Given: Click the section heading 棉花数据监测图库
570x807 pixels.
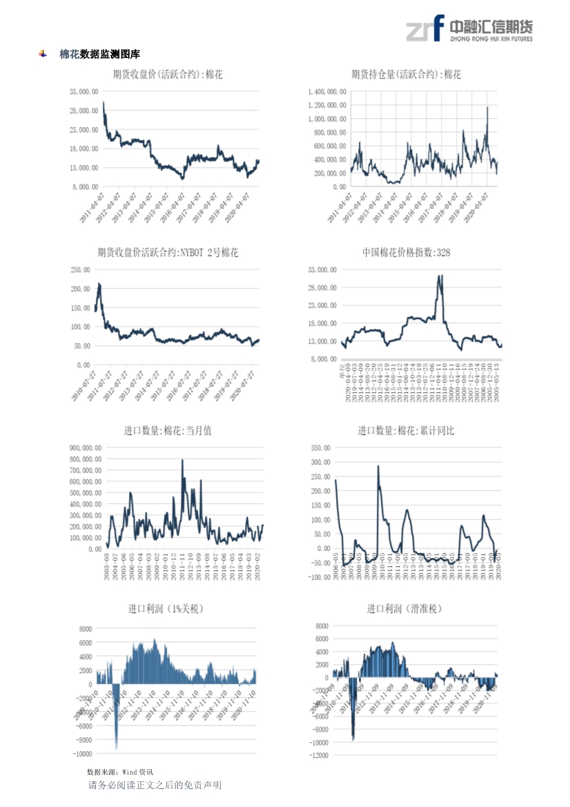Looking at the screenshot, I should click(x=99, y=54).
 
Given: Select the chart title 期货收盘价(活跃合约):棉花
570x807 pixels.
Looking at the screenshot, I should click(x=168, y=75).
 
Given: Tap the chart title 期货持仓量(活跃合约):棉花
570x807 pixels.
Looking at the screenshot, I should click(x=406, y=75).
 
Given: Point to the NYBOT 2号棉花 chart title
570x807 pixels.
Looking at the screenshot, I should click(x=168, y=253).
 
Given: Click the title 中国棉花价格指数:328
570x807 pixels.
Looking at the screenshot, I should click(x=406, y=253).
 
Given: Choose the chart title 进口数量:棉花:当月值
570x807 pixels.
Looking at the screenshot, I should click(x=168, y=431).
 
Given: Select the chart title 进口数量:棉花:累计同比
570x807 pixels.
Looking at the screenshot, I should click(x=406, y=431).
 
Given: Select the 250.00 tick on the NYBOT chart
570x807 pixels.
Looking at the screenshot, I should click(x=81, y=270).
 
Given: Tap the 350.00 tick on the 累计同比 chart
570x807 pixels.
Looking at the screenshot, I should click(x=320, y=448).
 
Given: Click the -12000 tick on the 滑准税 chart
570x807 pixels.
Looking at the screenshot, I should click(x=318, y=756).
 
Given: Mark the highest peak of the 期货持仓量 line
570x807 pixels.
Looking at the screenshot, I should click(x=487, y=107).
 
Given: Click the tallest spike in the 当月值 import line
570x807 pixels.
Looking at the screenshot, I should click(x=182, y=460).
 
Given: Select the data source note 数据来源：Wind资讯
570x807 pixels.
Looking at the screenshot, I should click(x=120, y=771).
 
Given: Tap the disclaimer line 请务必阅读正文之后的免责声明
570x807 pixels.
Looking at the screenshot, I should click(x=155, y=785).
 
